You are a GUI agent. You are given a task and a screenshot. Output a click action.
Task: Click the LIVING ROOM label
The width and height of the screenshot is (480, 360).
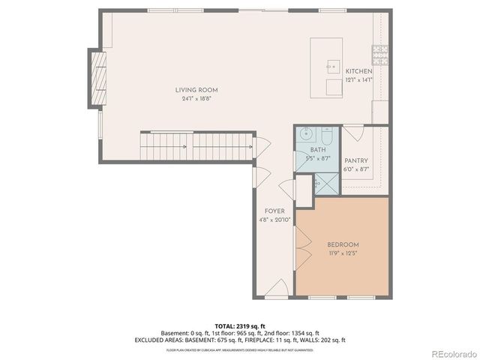pos(197,90)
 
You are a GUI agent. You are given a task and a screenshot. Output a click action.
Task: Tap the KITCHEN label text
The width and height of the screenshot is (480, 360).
pos(358,71)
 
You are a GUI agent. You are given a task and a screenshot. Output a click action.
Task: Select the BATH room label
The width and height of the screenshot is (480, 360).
pos(317,151)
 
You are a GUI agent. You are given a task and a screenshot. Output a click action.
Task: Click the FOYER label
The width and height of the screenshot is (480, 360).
pos(274,211)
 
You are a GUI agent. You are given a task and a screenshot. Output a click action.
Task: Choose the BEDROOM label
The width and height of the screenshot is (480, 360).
pos(343,244)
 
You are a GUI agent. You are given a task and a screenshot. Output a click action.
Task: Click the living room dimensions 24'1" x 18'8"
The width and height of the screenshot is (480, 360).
pos(197,99)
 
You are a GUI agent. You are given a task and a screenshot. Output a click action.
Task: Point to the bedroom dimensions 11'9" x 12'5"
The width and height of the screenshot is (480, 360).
pos(343,253)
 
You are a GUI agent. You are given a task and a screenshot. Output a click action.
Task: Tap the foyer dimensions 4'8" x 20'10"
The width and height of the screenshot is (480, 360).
pos(274,220)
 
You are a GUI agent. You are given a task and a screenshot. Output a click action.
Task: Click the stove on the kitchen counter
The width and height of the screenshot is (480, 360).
pos(380,53)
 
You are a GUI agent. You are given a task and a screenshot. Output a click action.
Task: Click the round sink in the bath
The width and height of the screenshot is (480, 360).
pos(305,136)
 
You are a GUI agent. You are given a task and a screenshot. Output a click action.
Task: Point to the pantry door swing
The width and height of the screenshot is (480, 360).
pos(352,133)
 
